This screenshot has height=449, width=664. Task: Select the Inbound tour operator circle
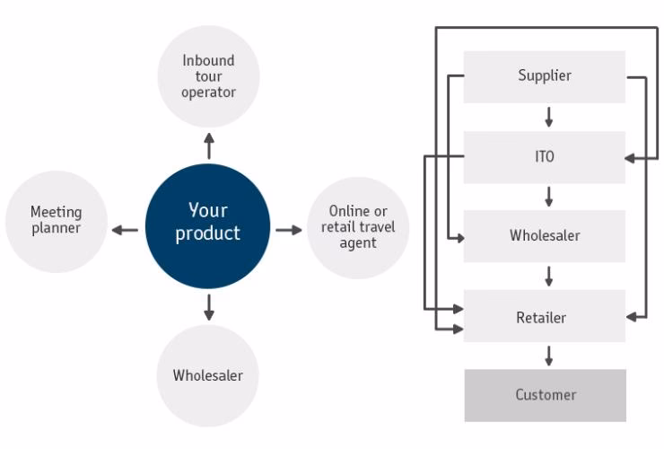208,76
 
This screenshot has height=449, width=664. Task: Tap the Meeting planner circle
56,221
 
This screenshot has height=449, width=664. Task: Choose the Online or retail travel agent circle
358,227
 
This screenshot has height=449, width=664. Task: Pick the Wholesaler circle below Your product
208,375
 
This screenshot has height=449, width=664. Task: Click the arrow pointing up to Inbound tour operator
209,146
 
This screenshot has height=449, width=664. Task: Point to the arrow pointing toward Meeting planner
125,230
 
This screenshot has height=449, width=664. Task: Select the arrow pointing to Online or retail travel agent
289,230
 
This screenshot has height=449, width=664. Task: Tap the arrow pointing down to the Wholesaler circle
209,307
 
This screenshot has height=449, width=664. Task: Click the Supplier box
544,76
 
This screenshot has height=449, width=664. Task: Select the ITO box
544,156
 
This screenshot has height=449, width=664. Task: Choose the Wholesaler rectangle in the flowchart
544,236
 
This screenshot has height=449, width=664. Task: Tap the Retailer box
544,317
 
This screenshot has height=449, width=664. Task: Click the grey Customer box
545,395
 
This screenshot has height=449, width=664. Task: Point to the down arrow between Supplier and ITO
548,117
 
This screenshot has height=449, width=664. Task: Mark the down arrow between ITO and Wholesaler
548,197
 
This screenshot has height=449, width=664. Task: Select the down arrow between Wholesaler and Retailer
548,277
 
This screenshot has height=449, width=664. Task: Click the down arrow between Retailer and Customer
548,356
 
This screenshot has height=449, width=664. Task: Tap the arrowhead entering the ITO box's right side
630,158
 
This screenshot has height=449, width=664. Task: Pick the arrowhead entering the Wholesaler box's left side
459,238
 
